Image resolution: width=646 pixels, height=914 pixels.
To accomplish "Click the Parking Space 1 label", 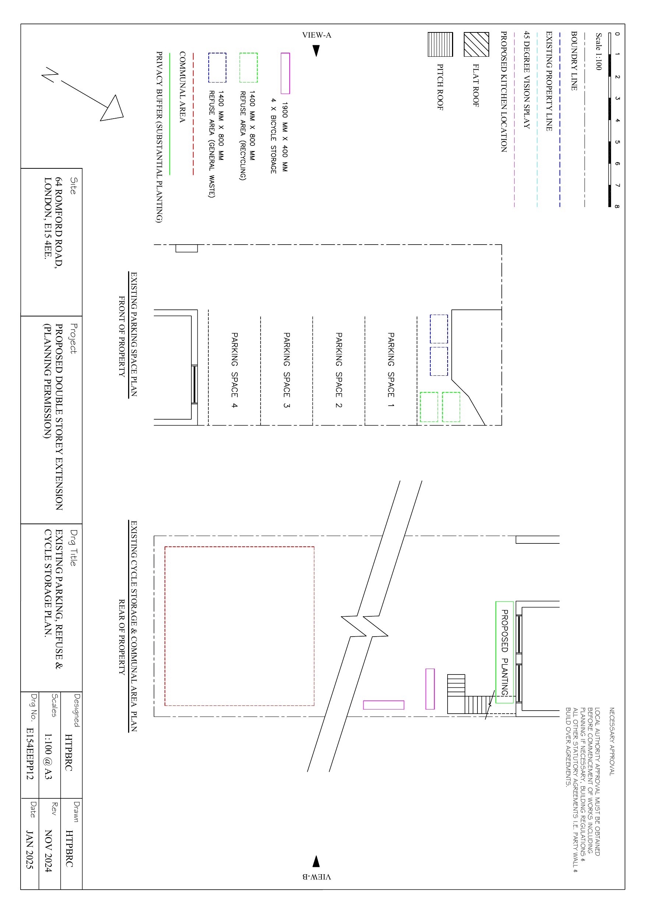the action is click(391, 370).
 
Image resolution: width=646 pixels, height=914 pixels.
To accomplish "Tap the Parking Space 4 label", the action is click(235, 370).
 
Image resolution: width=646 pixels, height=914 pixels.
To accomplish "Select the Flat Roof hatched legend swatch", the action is click(476, 45).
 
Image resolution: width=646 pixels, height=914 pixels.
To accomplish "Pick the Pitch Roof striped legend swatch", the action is click(440, 45).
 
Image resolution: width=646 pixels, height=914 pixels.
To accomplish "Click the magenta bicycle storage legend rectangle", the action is click(285, 73).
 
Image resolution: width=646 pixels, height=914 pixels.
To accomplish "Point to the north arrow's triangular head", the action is click(113, 109).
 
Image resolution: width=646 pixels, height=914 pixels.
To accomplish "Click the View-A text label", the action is click(317, 35).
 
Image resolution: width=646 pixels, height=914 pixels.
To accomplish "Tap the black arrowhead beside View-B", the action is click(316, 861).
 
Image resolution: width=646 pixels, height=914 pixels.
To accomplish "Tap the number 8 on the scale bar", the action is click(617, 206).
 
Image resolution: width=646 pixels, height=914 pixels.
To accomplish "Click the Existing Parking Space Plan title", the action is click(134, 335).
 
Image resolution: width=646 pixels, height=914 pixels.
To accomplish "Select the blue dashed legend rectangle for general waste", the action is click(217, 68).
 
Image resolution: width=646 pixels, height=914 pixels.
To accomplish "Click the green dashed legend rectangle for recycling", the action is click(248, 68).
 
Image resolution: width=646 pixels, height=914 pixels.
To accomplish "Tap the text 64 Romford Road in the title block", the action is click(59, 223).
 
